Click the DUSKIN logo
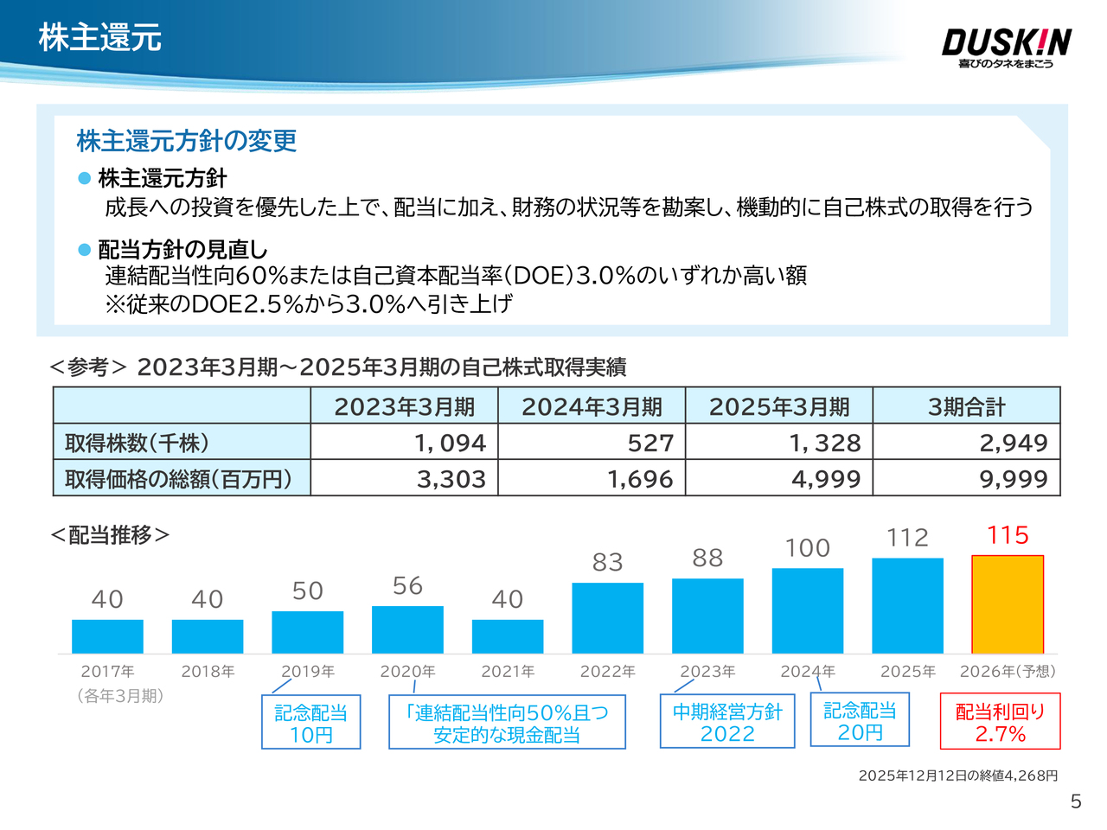pos(1006,47)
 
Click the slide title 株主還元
pos(99,38)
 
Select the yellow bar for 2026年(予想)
pos(1008,604)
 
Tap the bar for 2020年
pos(407,629)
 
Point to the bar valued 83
pos(607,617)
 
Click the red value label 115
pos(1008,535)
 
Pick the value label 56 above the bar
pos(407,586)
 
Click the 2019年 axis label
pos(307,672)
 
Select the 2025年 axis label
pos(907,672)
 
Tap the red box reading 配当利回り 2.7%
pos(1000,722)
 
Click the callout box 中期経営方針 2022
pos(726,722)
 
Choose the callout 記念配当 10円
pos(310,724)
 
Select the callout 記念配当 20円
pos(860,721)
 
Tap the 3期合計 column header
pos(966,406)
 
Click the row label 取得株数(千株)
pos(137,443)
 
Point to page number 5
pos(1075,801)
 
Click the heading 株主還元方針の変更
pos(187,141)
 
